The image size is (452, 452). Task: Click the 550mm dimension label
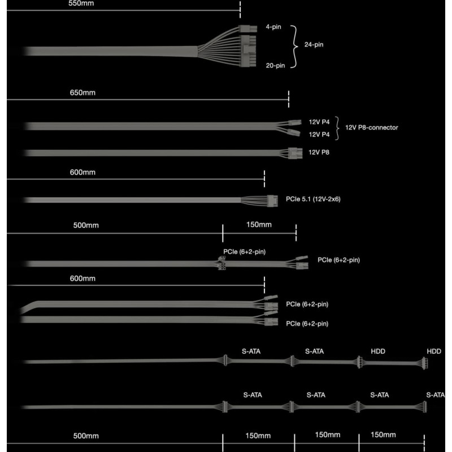click(81, 3)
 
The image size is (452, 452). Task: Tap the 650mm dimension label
click(82, 93)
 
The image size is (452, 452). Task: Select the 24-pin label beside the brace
click(314, 45)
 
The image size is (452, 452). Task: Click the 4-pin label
click(273, 27)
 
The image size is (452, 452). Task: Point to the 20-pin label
click(275, 66)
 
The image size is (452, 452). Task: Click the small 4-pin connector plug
click(248, 29)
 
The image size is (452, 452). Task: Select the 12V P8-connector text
click(372, 128)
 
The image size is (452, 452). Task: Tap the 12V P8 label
click(319, 152)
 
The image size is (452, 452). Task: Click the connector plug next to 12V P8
click(295, 153)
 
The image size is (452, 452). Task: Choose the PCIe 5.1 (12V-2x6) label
click(313, 199)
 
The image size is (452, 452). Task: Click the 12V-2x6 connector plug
click(272, 201)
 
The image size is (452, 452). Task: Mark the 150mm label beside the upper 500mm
click(259, 224)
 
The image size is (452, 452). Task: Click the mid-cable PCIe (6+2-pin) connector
click(221, 263)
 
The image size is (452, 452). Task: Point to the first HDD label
click(378, 351)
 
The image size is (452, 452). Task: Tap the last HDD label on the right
click(434, 351)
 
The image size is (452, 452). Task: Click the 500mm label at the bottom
click(86, 436)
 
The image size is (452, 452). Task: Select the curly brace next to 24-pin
click(294, 46)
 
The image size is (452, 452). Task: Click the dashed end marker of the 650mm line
click(289, 99)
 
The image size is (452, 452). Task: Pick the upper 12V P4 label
click(319, 122)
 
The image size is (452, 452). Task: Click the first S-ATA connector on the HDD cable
click(225, 360)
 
